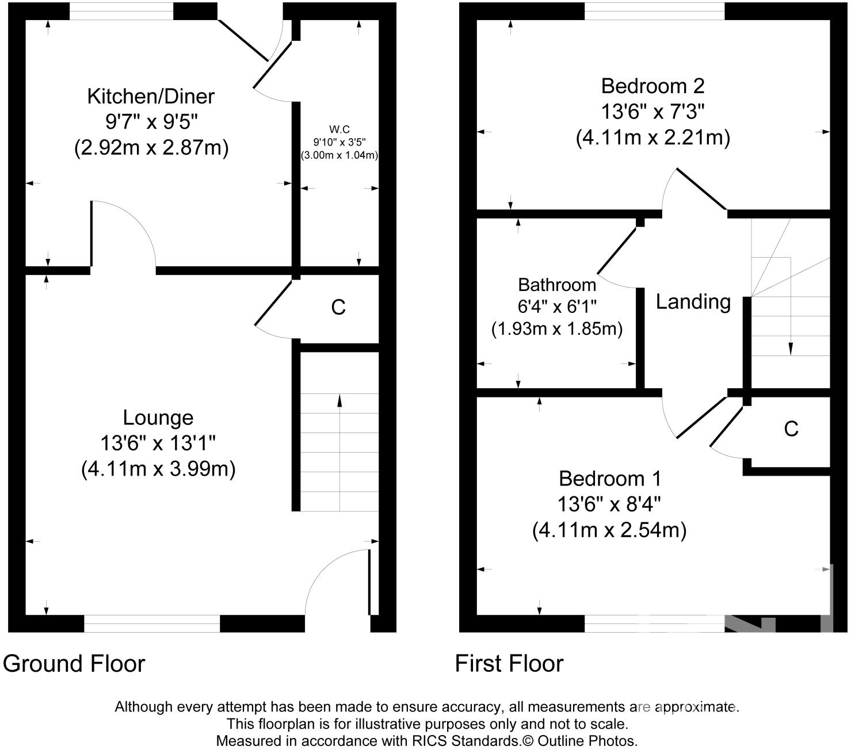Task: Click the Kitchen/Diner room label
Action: point(151,97)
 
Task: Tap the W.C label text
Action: point(339,129)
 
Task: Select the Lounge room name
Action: point(158,418)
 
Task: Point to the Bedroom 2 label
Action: point(652,86)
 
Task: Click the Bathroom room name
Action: point(557,285)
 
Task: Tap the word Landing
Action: point(693,302)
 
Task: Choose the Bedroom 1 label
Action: point(610,479)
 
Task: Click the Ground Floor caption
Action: point(74,664)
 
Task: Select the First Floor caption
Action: point(509,664)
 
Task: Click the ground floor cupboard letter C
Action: point(338,307)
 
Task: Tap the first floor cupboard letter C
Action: point(791,428)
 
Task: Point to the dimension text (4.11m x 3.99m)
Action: point(158,469)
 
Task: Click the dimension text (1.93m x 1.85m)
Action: point(557,329)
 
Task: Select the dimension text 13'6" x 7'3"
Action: point(652,112)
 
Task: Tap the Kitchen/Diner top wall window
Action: point(121,11)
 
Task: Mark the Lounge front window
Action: point(152,623)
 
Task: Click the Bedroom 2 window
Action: point(654,11)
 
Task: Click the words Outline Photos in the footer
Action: point(587,740)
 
